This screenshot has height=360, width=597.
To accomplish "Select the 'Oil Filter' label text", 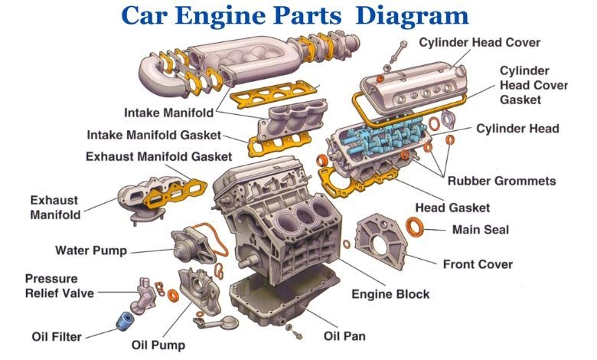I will point(57,335).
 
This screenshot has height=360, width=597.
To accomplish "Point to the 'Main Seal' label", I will point(480,229).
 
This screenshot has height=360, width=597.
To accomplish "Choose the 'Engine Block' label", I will point(390,294).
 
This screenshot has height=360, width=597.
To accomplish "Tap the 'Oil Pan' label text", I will point(344,335).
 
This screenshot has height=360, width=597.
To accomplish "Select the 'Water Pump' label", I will point(90,250).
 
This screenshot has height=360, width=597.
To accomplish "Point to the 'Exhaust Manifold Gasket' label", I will point(158,156).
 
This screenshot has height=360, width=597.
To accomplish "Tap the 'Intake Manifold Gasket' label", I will point(153,135).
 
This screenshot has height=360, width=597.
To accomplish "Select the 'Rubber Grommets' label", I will point(501,182).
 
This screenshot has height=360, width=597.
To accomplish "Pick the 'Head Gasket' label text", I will point(452,208).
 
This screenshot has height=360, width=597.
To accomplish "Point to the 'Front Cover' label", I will point(478,265).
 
